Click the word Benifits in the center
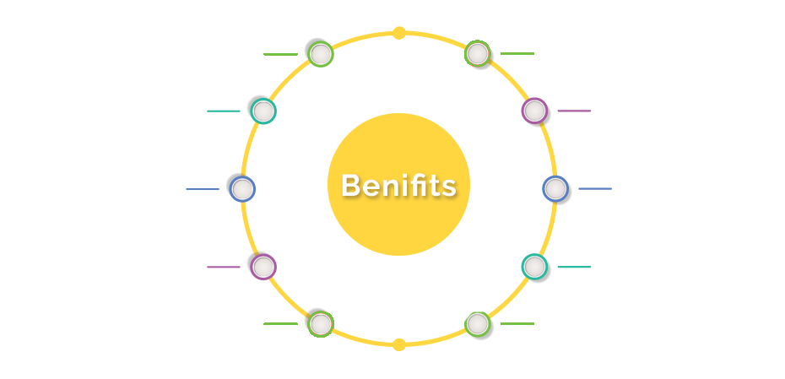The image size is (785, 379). [x=398, y=185]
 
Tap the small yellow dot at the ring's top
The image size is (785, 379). [x=399, y=33]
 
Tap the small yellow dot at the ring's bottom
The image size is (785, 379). [x=399, y=344]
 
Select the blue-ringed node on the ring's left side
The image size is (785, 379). [x=243, y=189]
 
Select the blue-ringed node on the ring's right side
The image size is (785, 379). [x=555, y=189]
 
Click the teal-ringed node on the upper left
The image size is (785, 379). [x=263, y=111]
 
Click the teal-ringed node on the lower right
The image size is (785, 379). [x=534, y=267]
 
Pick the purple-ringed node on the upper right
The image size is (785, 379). [x=534, y=111]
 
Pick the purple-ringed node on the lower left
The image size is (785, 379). [x=263, y=267]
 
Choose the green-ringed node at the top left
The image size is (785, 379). [x=321, y=54]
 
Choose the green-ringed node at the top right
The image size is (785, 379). [x=478, y=53]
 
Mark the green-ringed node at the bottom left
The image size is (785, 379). [x=321, y=324]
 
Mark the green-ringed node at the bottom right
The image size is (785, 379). [x=478, y=324]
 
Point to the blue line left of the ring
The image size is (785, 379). [x=203, y=189]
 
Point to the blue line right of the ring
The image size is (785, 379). [x=595, y=189]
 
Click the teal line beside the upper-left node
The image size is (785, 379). [x=224, y=111]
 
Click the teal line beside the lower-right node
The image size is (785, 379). [x=574, y=267]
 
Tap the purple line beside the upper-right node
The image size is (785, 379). [x=574, y=111]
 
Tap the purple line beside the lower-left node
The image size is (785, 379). [x=224, y=267]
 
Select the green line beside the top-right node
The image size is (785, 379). [x=517, y=53]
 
